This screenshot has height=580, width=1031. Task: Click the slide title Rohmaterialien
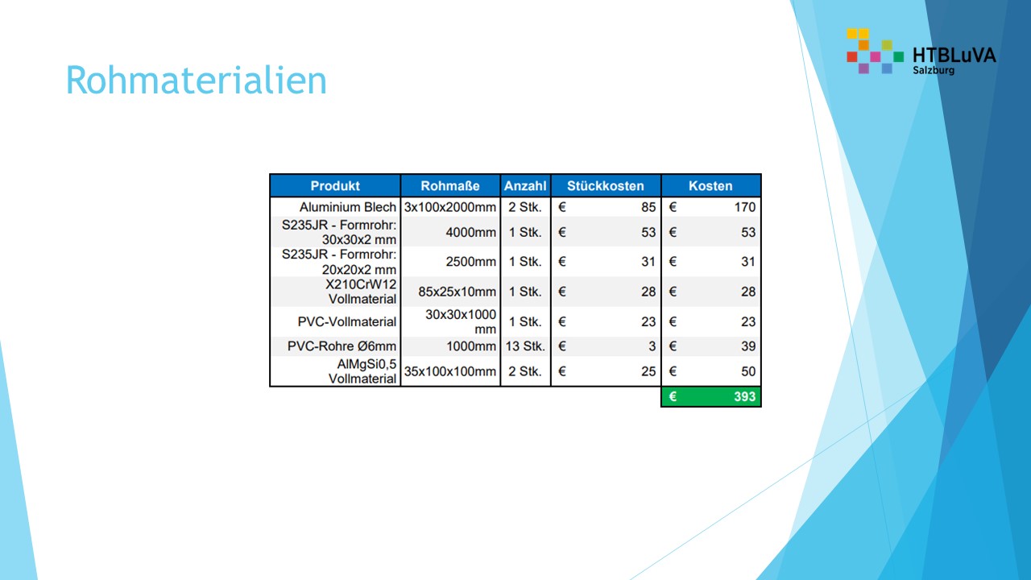(x=196, y=81)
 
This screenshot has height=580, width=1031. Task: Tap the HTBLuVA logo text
(x=954, y=55)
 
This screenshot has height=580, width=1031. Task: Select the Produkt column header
(x=335, y=186)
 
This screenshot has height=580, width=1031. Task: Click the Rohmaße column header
(x=450, y=186)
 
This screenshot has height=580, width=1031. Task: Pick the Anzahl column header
(x=525, y=186)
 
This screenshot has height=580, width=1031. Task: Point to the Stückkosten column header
(x=606, y=186)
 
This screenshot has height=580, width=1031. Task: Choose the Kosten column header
(x=710, y=186)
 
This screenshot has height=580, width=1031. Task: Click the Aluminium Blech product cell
(x=348, y=207)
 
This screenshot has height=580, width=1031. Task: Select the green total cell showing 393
(x=711, y=396)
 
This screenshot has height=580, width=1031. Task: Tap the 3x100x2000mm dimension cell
(x=450, y=207)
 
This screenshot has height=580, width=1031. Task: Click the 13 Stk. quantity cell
(x=525, y=346)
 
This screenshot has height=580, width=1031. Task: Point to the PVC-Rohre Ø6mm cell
(x=342, y=346)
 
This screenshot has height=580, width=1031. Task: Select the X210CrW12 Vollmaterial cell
(x=361, y=292)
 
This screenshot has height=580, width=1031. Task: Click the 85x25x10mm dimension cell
(x=457, y=292)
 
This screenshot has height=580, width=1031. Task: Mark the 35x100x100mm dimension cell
(x=450, y=371)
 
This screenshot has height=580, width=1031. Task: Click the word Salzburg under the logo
(x=934, y=71)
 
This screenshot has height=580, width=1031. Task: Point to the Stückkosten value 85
(x=648, y=207)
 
